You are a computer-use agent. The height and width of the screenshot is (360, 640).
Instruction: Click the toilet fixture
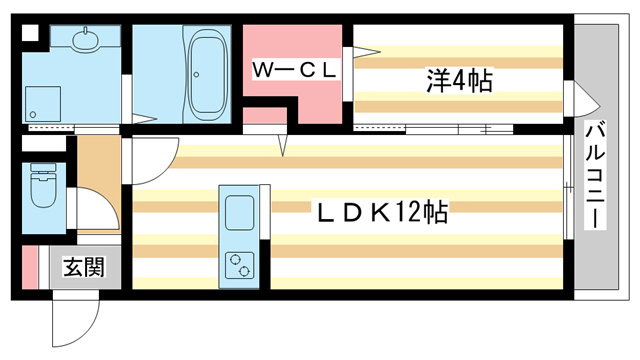pyautogui.click(x=43, y=186)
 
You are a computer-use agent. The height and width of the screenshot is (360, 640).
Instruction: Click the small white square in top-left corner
pyautogui.click(x=30, y=31)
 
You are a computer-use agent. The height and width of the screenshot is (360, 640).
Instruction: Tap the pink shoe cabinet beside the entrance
pyautogui.click(x=30, y=267)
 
